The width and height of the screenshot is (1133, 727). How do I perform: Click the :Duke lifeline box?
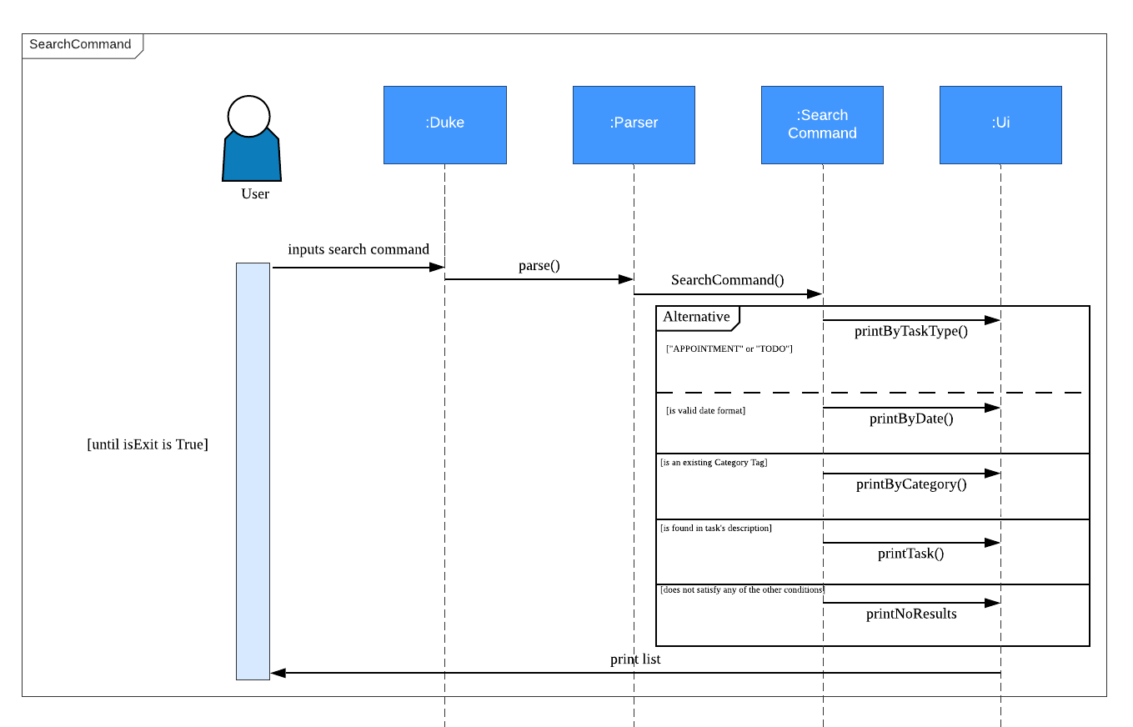pos(444,124)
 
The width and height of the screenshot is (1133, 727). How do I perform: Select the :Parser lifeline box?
pos(634,124)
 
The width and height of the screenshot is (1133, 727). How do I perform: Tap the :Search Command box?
pos(822,124)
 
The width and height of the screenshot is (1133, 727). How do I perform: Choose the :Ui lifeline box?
pos(1000,124)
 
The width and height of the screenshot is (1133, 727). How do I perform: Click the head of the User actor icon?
pos(248,116)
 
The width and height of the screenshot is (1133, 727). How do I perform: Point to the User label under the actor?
pos(255,194)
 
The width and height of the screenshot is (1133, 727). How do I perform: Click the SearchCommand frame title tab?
pos(81,45)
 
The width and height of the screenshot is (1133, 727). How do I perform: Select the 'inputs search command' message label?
pos(358,249)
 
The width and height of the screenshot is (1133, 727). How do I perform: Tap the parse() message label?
pos(539,266)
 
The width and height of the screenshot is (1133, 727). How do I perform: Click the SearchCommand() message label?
pos(728,280)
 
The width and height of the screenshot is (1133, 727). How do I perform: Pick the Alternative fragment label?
pos(697,317)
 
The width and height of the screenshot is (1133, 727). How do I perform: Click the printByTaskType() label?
pos(911,331)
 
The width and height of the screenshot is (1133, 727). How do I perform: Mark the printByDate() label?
pos(911,419)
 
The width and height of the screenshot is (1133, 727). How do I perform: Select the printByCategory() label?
pos(911,484)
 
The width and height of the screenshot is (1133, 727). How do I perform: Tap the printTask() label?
pos(911,553)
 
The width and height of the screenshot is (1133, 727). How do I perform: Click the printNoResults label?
pos(911,614)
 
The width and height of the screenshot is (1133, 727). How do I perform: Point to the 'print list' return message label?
pos(635,659)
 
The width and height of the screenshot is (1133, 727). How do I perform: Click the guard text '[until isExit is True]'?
pos(148,444)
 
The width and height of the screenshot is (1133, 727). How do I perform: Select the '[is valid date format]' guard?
pos(705,411)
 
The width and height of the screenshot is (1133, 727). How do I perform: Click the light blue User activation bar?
pos(253,471)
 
